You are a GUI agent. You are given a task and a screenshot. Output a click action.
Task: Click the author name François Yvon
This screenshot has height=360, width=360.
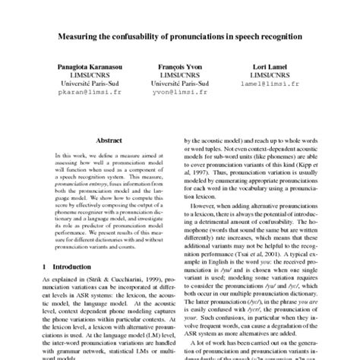point(180,67)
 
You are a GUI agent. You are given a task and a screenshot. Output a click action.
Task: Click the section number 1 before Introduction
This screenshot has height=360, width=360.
point(45,267)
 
